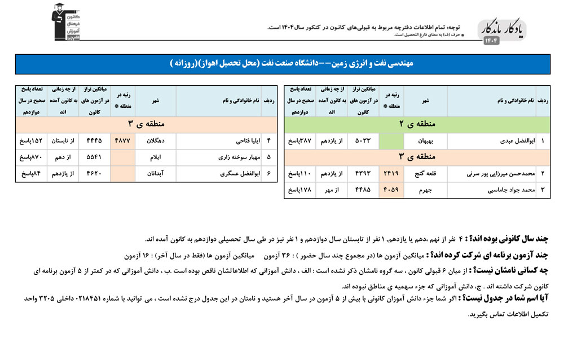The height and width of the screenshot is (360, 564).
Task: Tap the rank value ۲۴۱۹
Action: coord(393,174)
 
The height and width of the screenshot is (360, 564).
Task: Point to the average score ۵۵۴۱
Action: coord(94,157)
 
